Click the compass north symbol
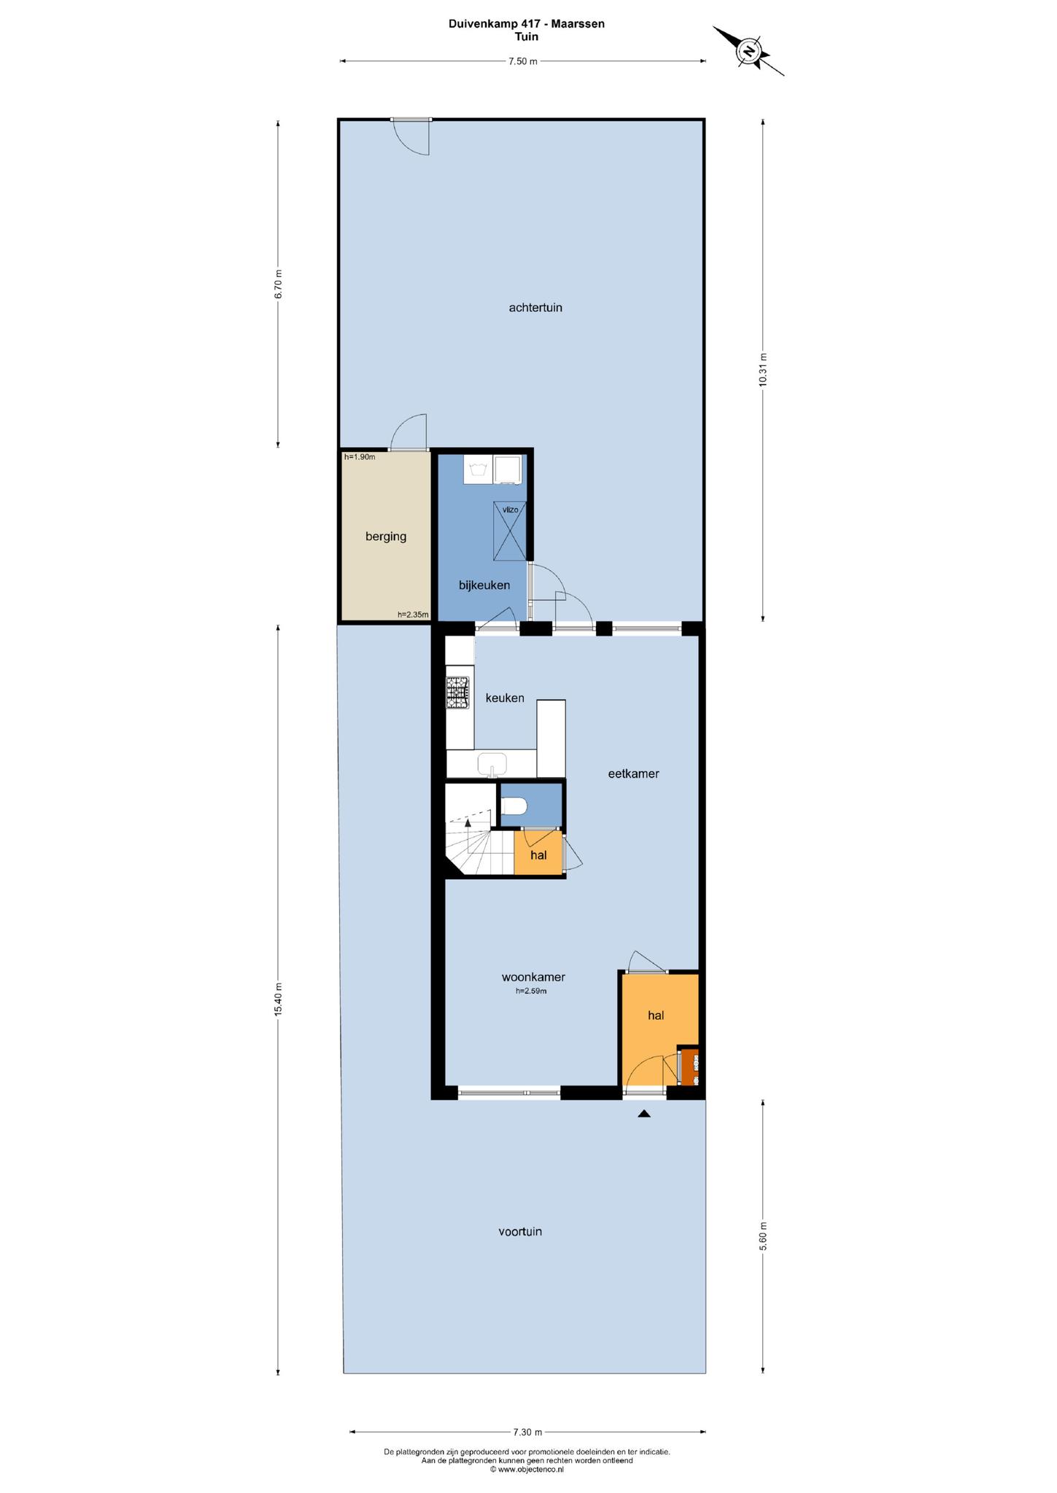pyautogui.click(x=748, y=51)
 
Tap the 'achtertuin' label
pyautogui.click(x=535, y=308)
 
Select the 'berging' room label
pyautogui.click(x=386, y=537)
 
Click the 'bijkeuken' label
pyautogui.click(x=484, y=585)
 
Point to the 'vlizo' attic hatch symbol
pyautogui.click(x=510, y=531)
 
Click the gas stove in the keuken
pyautogui.click(x=458, y=693)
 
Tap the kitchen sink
pyautogui.click(x=492, y=765)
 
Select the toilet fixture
pyautogui.click(x=515, y=806)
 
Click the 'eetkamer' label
pyautogui.click(x=633, y=774)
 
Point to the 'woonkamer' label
pyautogui.click(x=533, y=978)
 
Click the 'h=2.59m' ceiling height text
pyautogui.click(x=531, y=991)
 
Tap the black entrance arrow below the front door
pyautogui.click(x=643, y=1113)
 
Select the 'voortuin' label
pyautogui.click(x=520, y=1231)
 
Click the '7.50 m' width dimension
pyautogui.click(x=522, y=61)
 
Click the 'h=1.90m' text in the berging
pyautogui.click(x=360, y=457)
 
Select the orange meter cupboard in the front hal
pyautogui.click(x=690, y=1069)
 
